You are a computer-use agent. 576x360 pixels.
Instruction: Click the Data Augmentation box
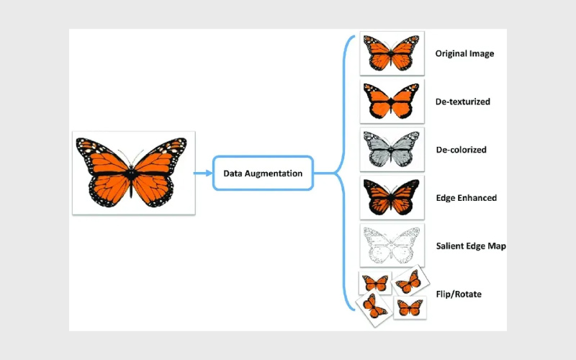pos(264,173)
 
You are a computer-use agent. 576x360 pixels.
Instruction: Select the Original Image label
pos(464,54)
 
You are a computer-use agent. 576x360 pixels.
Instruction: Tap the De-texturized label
pos(463,102)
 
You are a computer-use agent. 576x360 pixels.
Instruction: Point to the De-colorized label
pos(461,150)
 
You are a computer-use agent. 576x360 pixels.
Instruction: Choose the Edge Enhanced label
pos(466,198)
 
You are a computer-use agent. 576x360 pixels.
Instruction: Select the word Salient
pos(450,246)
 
